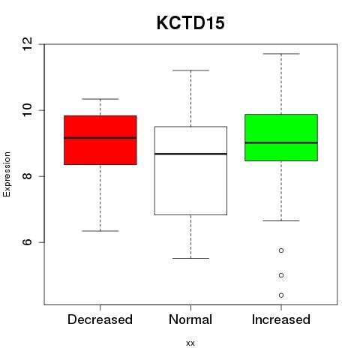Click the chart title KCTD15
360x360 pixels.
point(190,23)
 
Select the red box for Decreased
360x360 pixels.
point(100,140)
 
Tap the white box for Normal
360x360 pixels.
point(190,170)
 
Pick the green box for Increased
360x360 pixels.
point(281,137)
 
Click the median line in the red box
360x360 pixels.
point(100,138)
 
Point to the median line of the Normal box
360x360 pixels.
point(190,154)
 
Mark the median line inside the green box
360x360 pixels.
point(281,142)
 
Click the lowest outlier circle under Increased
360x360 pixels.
point(281,295)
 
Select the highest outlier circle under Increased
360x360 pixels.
point(281,250)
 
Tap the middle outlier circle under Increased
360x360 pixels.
point(281,275)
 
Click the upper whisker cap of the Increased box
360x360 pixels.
point(281,54)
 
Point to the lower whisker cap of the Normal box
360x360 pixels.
point(190,258)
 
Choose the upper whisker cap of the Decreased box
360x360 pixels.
point(100,99)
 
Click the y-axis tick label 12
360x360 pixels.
point(28,44)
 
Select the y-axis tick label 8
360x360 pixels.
point(28,176)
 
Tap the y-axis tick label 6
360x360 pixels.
point(28,242)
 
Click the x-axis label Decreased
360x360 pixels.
point(100,319)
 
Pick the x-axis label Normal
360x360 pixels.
point(190,319)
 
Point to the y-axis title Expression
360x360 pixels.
point(7,174)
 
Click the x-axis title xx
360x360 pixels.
point(190,343)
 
